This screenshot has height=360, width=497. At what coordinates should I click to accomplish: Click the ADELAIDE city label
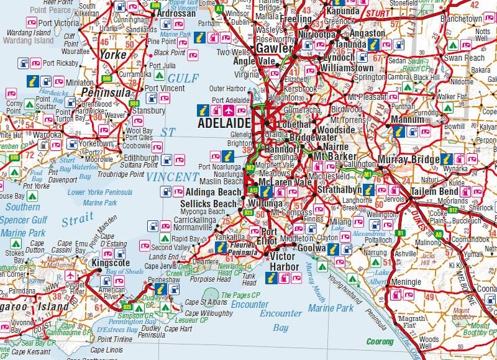(x=224, y=124)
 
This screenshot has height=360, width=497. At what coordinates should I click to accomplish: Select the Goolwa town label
(x=312, y=248)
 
